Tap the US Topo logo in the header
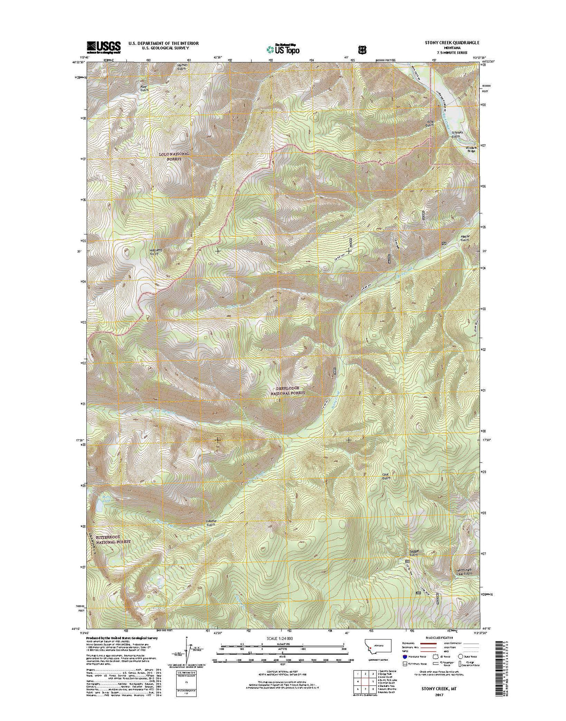point(283,48)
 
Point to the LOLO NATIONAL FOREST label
point(174,156)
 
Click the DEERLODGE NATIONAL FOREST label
point(288,390)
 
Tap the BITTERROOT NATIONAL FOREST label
point(113,540)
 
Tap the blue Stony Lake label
point(106,497)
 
